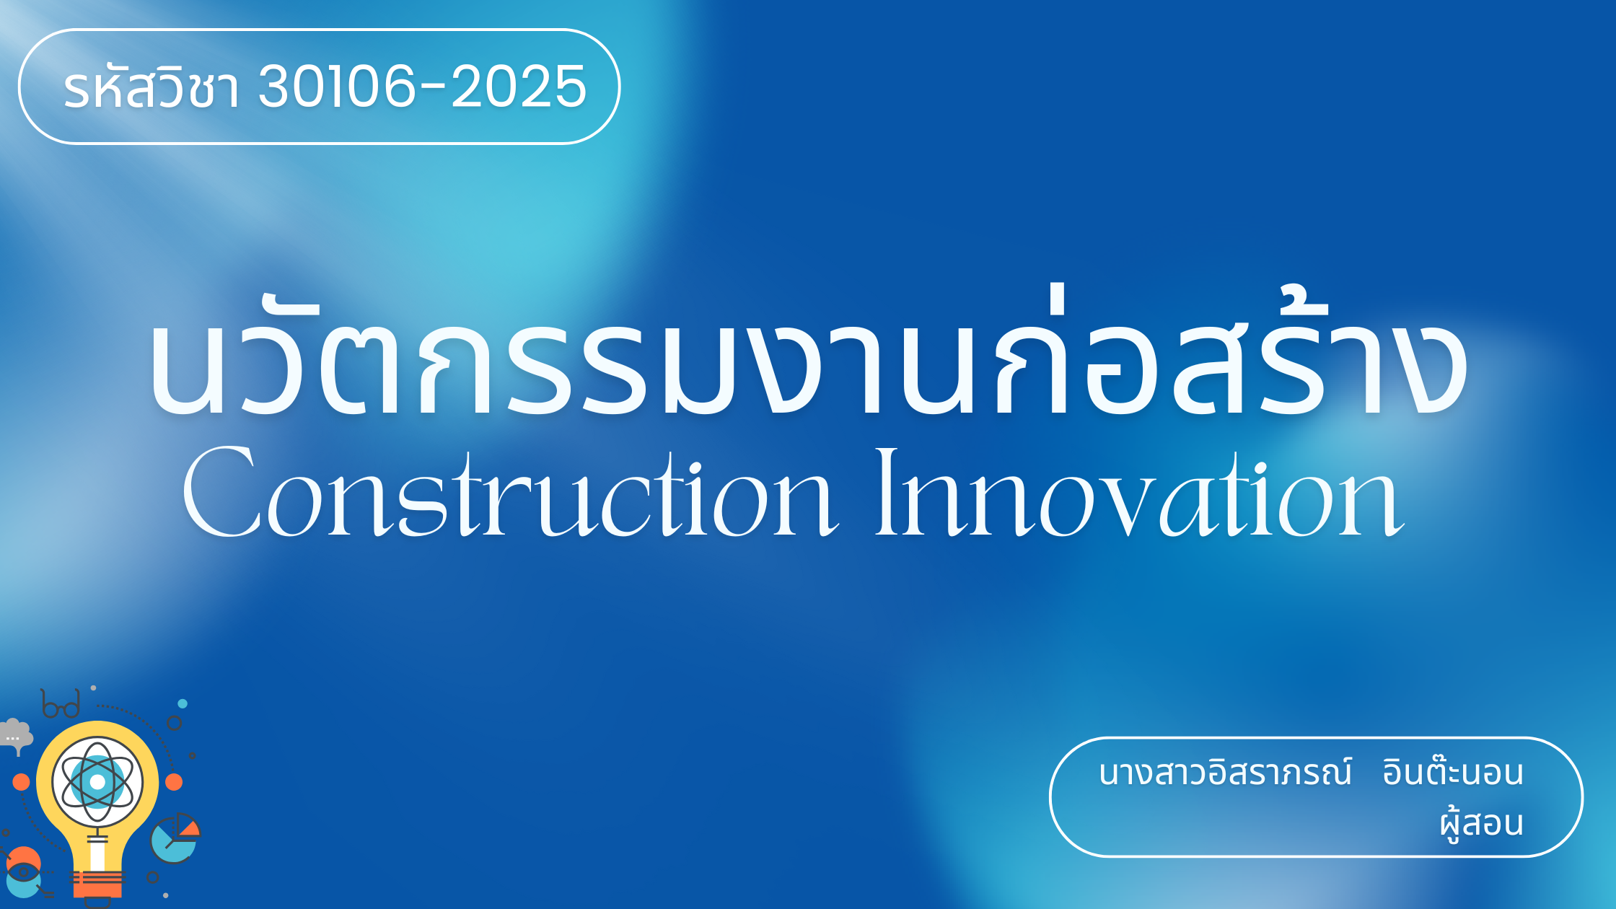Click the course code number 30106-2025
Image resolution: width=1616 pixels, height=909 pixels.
pyautogui.click(x=423, y=86)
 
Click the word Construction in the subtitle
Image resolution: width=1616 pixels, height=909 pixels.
pyautogui.click(x=511, y=492)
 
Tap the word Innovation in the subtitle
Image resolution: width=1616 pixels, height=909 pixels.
pyautogui.click(x=1140, y=492)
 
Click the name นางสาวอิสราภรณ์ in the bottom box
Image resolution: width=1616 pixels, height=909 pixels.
pyautogui.click(x=1225, y=772)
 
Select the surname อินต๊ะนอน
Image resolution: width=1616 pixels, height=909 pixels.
pyautogui.click(x=1452, y=770)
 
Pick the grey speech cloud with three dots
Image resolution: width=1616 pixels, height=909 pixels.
pyautogui.click(x=15, y=734)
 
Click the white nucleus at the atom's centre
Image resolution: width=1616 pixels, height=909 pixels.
pyautogui.click(x=97, y=782)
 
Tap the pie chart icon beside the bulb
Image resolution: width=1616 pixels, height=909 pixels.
pyautogui.click(x=175, y=838)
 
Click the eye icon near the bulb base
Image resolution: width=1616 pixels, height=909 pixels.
pyautogui.click(x=24, y=873)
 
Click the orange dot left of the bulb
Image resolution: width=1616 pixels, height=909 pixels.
pyautogui.click(x=22, y=782)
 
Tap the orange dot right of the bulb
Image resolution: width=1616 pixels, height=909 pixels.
pyautogui.click(x=174, y=782)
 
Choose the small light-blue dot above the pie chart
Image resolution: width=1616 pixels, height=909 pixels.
pyautogui.click(x=183, y=703)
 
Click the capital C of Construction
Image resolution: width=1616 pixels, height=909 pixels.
pyautogui.click(x=222, y=492)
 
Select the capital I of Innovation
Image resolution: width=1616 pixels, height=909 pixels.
pyautogui.click(x=887, y=492)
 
